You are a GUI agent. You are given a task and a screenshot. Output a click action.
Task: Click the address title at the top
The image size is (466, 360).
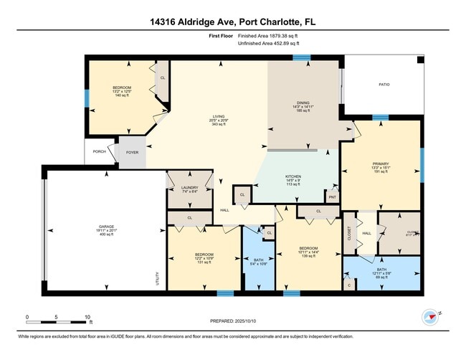232,22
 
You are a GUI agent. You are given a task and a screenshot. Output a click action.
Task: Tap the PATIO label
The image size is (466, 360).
384,85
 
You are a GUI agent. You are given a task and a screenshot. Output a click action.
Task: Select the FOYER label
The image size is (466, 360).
133,151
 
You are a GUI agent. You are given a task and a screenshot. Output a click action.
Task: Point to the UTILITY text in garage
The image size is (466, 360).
157,279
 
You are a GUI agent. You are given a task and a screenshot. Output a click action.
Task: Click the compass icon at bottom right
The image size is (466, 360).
430,317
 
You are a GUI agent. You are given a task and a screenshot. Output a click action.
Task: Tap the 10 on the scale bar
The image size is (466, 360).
87,316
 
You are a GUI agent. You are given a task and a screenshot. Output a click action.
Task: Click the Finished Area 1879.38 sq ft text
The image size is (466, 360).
272,35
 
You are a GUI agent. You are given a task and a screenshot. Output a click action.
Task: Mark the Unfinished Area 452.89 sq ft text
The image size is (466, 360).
274,43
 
